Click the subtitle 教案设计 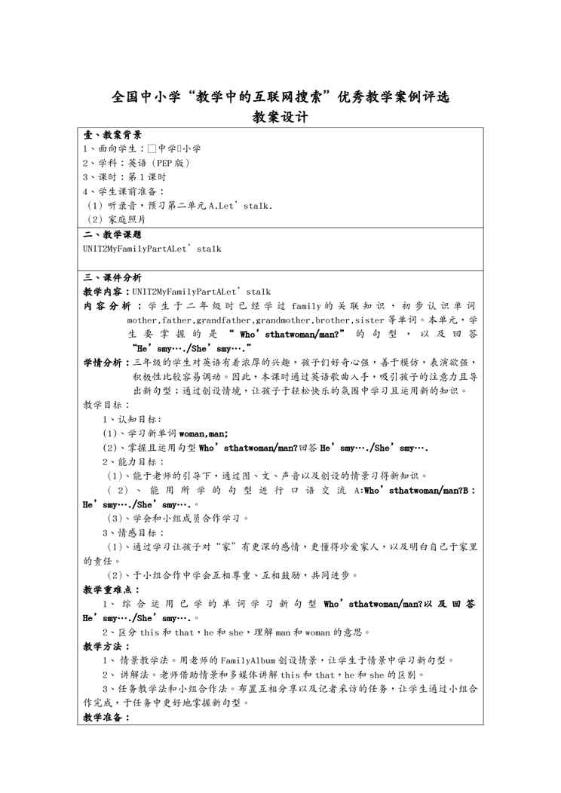click(x=280, y=118)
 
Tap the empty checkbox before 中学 click(x=152, y=149)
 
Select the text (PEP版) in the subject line click(x=170, y=163)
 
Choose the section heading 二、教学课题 click(x=112, y=234)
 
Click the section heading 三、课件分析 click(x=112, y=277)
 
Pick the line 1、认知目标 click(x=131, y=419)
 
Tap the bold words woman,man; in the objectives click(x=204, y=433)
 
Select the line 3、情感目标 click(x=133, y=532)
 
